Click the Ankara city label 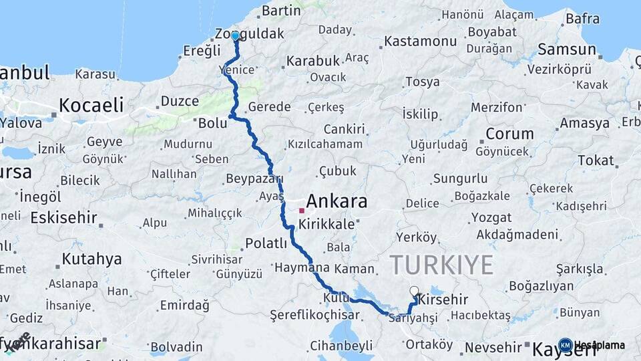[337, 201]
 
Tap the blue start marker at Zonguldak [235, 36]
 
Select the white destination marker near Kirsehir [415, 291]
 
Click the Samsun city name [567, 49]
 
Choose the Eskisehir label [63, 218]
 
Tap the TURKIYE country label [441, 265]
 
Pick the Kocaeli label [91, 105]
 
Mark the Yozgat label [491, 218]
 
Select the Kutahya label [91, 259]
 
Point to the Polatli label [266, 243]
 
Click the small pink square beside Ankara [302, 211]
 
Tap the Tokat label [596, 160]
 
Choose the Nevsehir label [493, 347]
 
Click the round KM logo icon [565, 346]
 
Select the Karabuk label [313, 61]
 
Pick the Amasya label [584, 124]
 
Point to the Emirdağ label [184, 306]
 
